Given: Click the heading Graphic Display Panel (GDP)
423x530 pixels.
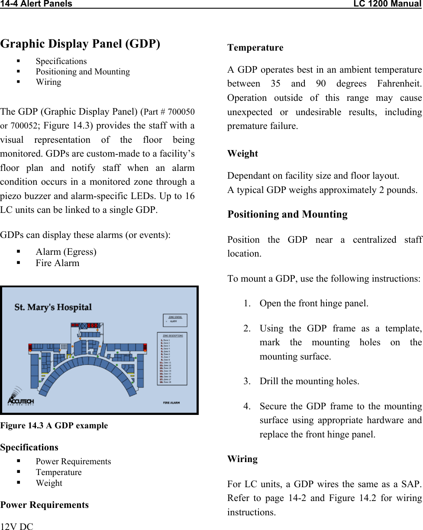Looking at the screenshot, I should click(x=81, y=44).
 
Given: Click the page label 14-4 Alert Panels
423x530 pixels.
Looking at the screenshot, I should click(x=36, y=4).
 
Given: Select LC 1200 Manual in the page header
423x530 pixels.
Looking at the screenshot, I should click(x=387, y=4).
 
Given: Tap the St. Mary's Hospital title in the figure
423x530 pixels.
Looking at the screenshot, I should click(x=53, y=308).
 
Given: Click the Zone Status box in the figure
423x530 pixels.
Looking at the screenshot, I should click(x=175, y=320).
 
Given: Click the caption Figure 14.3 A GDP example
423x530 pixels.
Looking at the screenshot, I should click(x=54, y=425).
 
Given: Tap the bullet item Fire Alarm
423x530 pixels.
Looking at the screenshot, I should click(x=58, y=263).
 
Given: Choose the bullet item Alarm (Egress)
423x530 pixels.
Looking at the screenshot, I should click(x=66, y=252).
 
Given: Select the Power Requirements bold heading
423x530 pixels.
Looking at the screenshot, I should click(x=45, y=505).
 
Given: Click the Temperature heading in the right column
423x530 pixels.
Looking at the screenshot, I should click(x=255, y=48).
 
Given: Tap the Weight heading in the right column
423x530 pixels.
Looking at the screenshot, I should click(x=242, y=154).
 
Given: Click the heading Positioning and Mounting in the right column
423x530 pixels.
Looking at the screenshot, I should click(x=287, y=215).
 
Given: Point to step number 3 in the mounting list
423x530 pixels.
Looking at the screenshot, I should click(x=246, y=382).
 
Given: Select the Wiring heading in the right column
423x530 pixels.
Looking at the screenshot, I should click(x=242, y=459).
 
